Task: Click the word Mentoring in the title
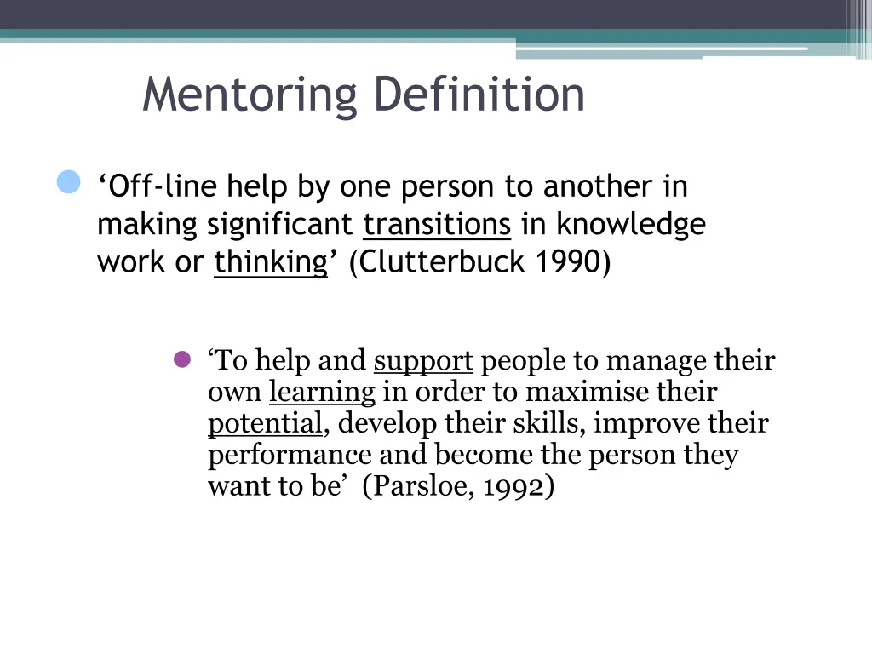coord(250,95)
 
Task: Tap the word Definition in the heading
coord(479,94)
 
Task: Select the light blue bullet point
coord(68,182)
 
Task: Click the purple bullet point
coord(181,359)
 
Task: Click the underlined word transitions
coord(437,225)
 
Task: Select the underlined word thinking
coord(271,263)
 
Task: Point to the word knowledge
coord(631,225)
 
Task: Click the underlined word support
coord(423,362)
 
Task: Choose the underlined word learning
coord(322,393)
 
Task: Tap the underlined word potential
coord(265,424)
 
